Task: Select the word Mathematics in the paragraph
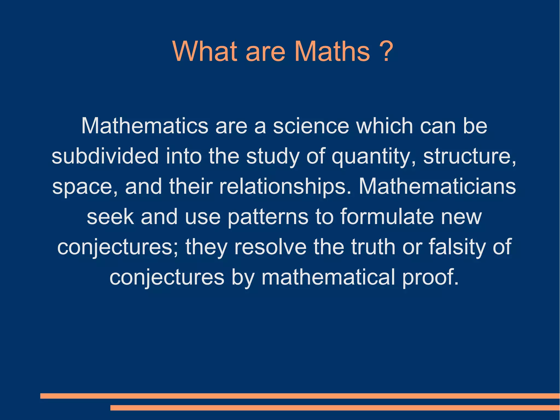tap(145, 126)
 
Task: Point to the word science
tap(311, 126)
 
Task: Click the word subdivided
tap(105, 156)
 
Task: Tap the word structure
tap(469, 156)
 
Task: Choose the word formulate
tap(387, 216)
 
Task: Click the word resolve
tap(270, 247)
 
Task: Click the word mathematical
tap(328, 277)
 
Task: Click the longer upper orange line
tap(300, 396)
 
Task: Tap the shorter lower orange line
tap(335, 408)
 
